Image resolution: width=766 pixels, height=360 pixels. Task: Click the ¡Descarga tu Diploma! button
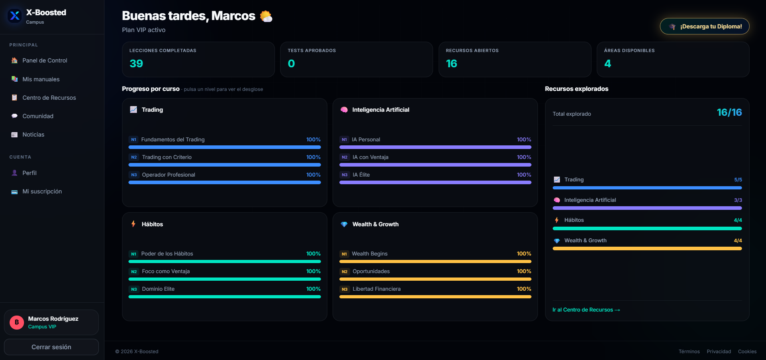click(704, 26)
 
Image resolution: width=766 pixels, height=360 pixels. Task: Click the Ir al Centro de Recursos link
click(586, 310)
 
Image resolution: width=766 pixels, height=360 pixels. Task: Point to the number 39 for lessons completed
click(136, 64)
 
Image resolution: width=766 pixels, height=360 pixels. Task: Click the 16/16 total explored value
click(729, 113)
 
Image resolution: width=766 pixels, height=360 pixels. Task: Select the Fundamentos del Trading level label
click(173, 139)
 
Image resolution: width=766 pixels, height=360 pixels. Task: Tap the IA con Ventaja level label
click(371, 157)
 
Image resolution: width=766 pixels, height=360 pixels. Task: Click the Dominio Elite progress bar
click(225, 297)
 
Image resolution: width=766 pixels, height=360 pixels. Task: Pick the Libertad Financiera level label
click(377, 289)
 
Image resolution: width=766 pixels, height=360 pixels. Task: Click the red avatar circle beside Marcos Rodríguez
click(17, 322)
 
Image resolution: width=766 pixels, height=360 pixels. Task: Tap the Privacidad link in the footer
click(719, 352)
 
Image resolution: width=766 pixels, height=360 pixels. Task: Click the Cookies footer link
click(747, 352)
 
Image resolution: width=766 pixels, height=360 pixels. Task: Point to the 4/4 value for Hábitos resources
click(738, 220)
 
